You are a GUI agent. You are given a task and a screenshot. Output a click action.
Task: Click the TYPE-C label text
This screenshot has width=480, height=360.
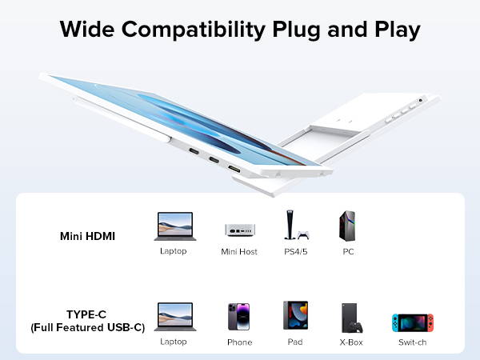tap(87, 314)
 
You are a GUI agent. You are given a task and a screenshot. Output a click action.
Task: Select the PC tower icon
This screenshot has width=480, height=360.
tap(347, 226)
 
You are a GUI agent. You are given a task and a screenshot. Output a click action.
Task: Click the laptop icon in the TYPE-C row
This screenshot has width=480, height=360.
tap(174, 317)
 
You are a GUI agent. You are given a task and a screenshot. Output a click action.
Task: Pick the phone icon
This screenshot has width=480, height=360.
tap(239, 318)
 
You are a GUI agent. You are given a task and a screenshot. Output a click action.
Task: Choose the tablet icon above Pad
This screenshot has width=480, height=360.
tap(294, 317)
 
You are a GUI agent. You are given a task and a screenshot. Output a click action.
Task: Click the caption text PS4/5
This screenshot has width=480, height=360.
tap(294, 251)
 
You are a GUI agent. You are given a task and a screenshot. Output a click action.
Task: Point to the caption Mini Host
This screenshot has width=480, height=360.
tap(239, 251)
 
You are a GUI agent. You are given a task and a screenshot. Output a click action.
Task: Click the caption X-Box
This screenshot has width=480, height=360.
tap(352, 342)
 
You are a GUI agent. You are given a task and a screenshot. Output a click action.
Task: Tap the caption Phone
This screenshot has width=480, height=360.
tap(239, 342)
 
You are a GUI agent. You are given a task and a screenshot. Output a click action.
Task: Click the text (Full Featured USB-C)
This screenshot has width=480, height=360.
tap(87, 327)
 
